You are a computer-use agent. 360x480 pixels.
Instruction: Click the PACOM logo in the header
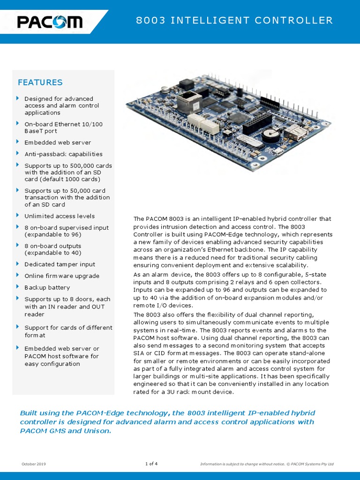tap(50, 22)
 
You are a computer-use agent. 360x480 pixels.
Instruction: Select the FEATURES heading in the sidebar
tap(40, 82)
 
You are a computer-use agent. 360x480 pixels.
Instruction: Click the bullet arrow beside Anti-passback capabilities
tap(18, 153)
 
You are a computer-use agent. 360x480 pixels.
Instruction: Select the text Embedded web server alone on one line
tap(58, 142)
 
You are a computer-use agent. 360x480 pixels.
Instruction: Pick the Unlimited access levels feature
tap(60, 216)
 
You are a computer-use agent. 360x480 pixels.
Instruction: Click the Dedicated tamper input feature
tap(60, 264)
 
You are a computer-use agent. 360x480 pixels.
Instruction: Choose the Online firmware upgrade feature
tap(62, 276)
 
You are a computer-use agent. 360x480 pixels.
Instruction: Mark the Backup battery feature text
tap(47, 287)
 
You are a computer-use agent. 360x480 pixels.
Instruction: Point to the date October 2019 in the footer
tap(34, 464)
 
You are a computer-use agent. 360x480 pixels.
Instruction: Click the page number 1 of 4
tap(151, 464)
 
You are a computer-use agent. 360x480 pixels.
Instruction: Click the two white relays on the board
tap(206, 124)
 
